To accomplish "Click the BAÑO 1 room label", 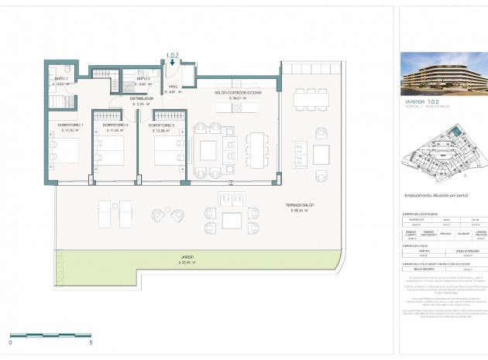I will click(62, 79).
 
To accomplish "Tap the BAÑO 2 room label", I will click(143, 79).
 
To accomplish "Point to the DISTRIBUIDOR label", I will click(141, 99).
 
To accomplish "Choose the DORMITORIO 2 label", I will click(115, 125).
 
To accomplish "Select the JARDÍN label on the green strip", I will click(187, 256).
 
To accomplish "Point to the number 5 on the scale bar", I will click(92, 341).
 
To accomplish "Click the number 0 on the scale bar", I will click(11, 341).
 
